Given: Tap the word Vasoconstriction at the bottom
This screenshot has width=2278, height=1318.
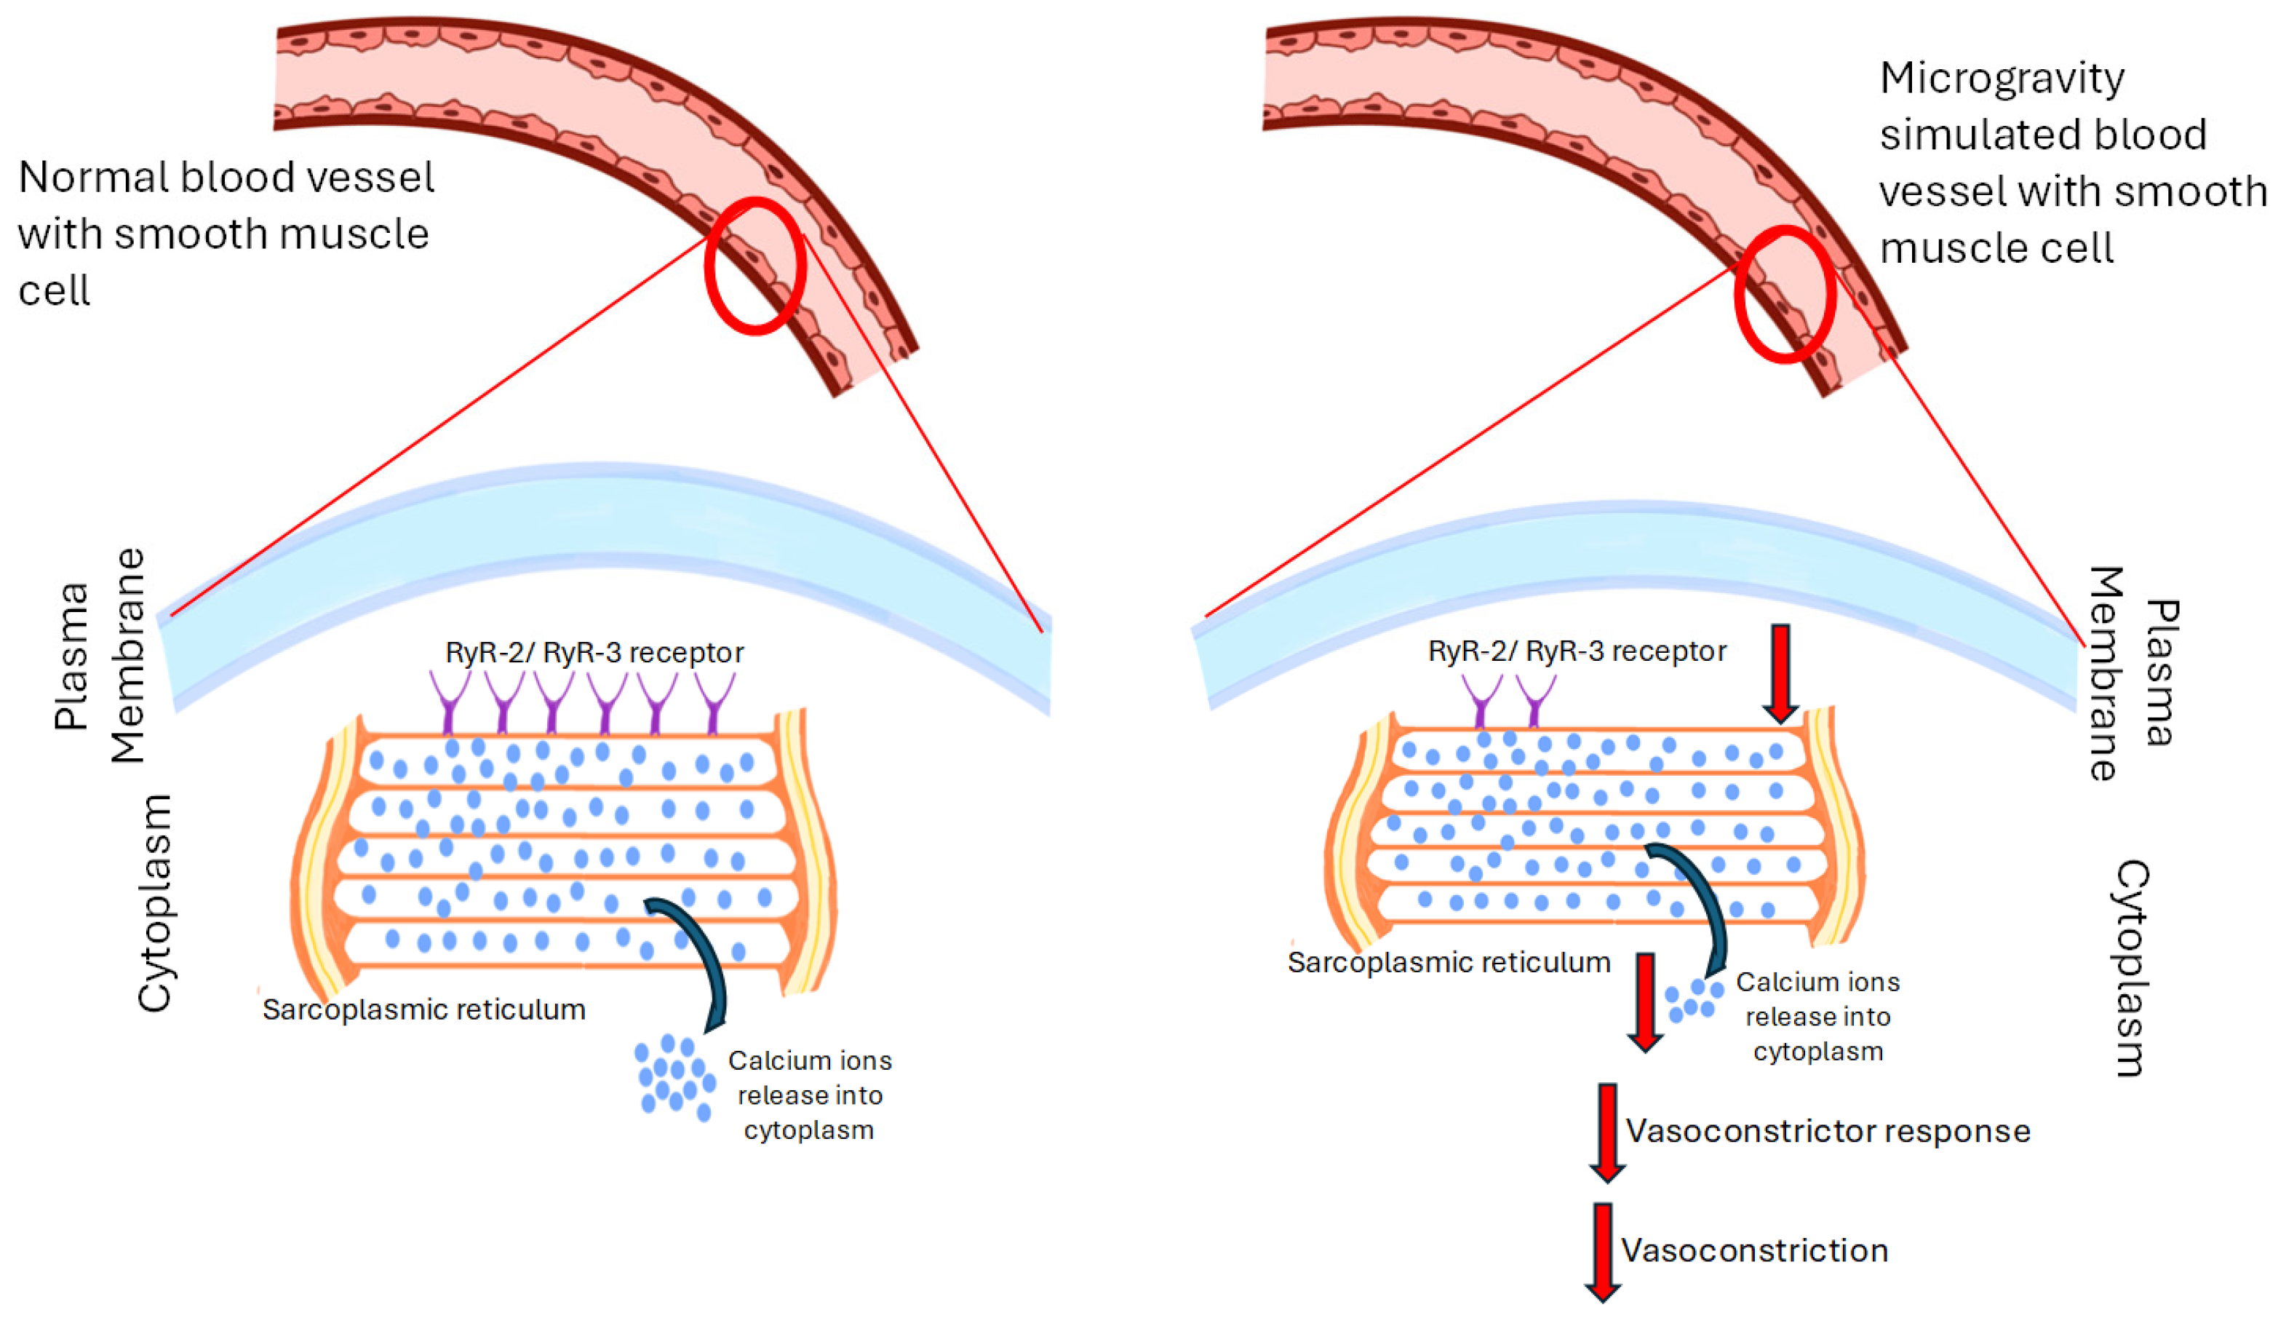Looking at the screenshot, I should point(1753,1250).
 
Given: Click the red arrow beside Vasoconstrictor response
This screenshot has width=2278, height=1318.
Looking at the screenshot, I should point(1607,1132).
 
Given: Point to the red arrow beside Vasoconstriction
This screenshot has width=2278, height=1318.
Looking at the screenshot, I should point(1602,1252).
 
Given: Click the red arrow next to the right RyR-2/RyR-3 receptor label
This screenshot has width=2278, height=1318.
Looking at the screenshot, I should point(1780,673).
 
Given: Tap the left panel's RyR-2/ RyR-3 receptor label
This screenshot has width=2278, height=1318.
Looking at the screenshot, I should point(594,653).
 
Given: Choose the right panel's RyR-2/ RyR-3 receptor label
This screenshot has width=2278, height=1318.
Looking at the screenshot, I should point(1577,651).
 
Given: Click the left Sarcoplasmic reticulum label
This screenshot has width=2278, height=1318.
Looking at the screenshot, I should point(423,1009).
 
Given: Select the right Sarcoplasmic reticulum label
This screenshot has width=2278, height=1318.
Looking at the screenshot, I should point(1448,963).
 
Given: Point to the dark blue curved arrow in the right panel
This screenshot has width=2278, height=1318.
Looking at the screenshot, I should point(1704,904).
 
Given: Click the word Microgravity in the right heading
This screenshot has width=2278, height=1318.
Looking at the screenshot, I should point(2002,79).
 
